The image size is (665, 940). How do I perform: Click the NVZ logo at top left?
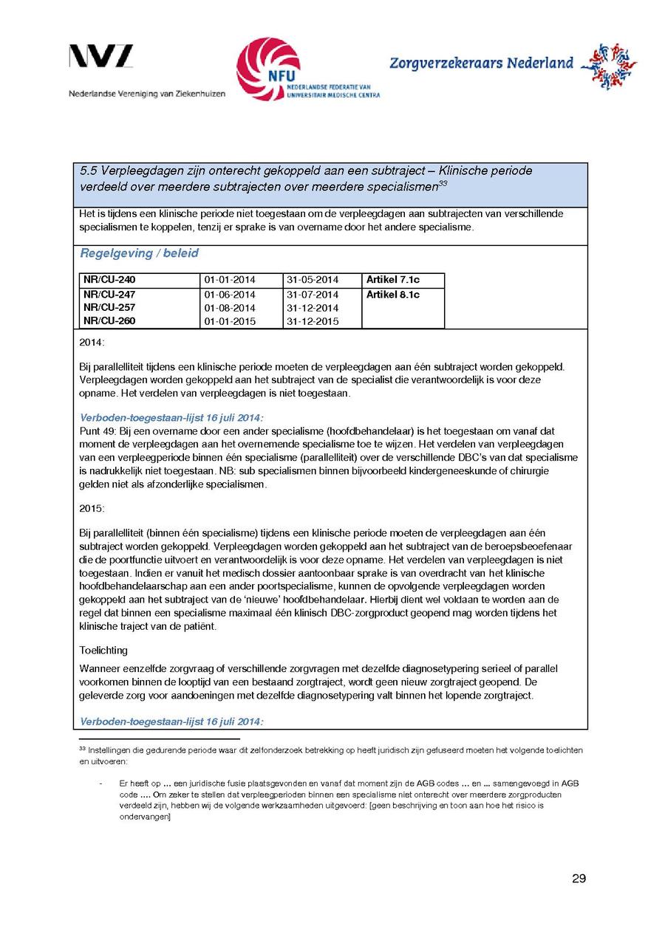point(101,57)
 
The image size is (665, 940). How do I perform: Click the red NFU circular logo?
point(268,69)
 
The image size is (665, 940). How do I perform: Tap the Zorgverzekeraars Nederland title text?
point(481,64)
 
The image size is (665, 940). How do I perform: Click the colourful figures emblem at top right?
point(608,66)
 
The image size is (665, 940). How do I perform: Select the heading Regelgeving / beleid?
point(139,253)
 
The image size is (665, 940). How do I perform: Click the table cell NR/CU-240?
point(109,280)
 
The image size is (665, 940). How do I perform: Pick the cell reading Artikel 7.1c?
point(392,280)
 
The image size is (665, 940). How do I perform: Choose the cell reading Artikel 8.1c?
point(392,295)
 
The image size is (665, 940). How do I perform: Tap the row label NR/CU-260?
point(109,321)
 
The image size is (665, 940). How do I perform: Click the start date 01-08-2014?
point(230,308)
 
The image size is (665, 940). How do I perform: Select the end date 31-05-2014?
point(312,280)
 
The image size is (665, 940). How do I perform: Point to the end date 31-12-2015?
point(312,321)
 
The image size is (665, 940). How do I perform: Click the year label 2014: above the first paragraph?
point(92,343)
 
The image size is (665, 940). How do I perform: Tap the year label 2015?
point(92,509)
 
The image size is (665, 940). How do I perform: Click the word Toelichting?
point(103,650)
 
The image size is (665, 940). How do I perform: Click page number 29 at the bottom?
point(579,879)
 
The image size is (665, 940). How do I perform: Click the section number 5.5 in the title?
point(89,171)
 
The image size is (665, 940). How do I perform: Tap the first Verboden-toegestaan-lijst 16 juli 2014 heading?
point(171,417)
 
